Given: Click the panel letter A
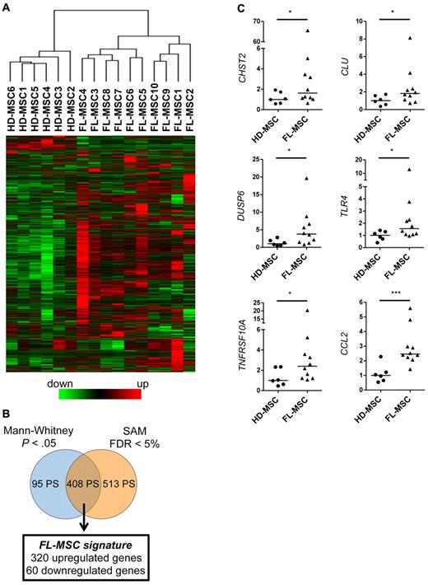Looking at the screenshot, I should [7, 7].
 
